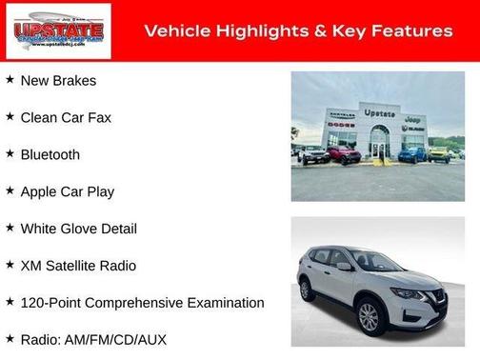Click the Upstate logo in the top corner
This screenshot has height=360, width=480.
[57, 31]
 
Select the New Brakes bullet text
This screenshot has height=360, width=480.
[58, 80]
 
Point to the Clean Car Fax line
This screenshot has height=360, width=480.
[66, 117]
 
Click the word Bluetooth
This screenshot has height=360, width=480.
[50, 154]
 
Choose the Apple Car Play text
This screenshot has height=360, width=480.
[67, 191]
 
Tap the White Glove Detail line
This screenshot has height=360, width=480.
[78, 229]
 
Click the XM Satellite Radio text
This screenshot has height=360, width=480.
[78, 266]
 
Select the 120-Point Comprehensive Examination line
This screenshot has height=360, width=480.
[142, 303]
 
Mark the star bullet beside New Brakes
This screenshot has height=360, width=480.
[10, 79]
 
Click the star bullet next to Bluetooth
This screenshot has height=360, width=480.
[10, 153]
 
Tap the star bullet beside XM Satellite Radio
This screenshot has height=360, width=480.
[10, 265]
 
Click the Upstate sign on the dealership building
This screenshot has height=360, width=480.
[379, 113]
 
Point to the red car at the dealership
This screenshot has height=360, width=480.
[344, 153]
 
